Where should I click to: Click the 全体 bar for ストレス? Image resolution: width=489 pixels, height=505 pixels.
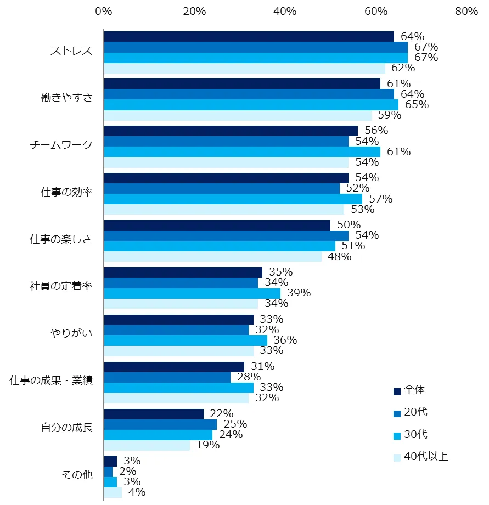249,37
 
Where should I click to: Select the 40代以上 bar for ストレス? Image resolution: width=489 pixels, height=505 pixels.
244,69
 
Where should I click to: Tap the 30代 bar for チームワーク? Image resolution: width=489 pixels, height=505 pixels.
242,152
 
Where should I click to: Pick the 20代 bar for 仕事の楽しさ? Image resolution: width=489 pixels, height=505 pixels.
226,235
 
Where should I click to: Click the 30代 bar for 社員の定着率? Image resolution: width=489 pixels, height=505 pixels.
192,293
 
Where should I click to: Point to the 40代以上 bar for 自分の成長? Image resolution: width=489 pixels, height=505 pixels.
147,445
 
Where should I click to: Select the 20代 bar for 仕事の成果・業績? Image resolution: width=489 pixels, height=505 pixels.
167,377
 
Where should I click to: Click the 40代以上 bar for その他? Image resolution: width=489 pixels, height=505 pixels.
113,492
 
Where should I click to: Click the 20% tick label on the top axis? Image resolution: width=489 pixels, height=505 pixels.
194,11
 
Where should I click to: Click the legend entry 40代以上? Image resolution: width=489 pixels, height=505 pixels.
426,457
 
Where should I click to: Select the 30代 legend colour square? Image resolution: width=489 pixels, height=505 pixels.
397,435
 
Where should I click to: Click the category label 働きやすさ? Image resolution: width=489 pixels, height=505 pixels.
66,98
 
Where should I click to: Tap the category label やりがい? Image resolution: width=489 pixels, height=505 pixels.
71,333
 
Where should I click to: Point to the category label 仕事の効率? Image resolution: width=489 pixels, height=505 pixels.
66,192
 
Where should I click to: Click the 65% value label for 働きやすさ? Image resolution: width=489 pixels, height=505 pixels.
417,105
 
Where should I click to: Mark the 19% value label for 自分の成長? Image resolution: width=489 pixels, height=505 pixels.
208,445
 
